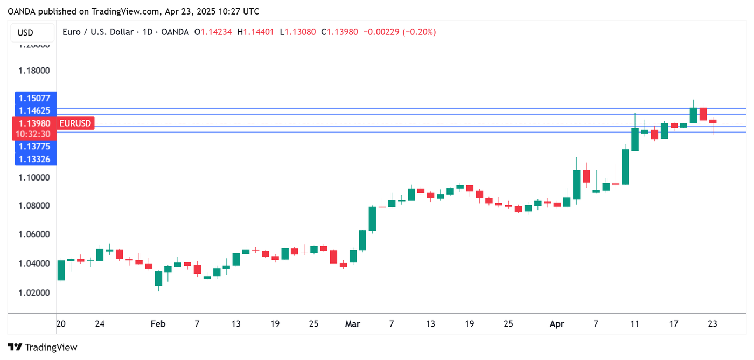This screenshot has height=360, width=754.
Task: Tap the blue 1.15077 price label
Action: click(x=34, y=98)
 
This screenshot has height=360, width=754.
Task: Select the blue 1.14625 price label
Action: click(x=34, y=110)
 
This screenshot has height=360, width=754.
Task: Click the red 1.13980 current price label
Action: click(x=34, y=123)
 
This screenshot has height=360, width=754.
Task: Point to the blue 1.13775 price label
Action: click(x=34, y=146)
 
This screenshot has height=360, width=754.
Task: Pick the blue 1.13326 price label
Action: click(x=34, y=158)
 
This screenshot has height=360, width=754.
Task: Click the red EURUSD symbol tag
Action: click(x=75, y=123)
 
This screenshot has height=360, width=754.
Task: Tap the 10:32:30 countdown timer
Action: click(x=34, y=134)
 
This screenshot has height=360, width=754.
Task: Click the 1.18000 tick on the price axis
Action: click(x=34, y=71)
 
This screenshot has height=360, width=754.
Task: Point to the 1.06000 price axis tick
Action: click(x=34, y=234)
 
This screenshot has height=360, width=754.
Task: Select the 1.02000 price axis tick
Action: click(x=34, y=293)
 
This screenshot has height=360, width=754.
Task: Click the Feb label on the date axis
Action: click(x=158, y=324)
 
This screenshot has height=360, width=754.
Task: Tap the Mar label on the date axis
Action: click(x=352, y=324)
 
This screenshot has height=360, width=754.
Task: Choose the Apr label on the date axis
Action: click(x=557, y=324)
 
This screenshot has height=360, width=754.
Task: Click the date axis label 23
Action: click(x=713, y=324)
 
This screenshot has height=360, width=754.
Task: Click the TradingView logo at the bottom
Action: click(x=43, y=348)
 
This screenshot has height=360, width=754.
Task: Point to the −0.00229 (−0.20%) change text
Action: click(x=400, y=32)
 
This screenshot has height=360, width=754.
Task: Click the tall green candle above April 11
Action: click(x=635, y=140)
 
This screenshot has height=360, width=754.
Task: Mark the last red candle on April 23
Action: click(x=713, y=121)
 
